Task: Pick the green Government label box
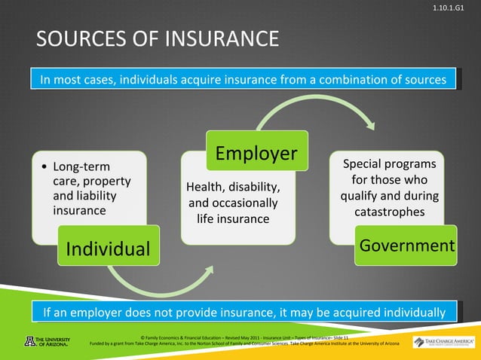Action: coord(406,246)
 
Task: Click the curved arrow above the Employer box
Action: coord(317,113)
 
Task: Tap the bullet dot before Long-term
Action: coord(46,166)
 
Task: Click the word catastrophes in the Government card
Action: coord(389,212)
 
